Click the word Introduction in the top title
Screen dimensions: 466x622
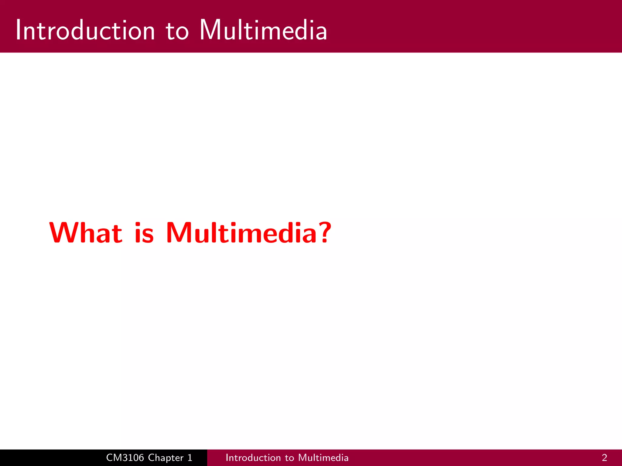tap(85, 30)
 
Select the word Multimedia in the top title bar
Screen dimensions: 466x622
tap(263, 30)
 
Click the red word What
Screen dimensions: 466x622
tap(86, 233)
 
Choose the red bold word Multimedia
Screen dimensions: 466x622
tap(241, 233)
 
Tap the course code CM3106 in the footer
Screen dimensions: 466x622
tap(125, 458)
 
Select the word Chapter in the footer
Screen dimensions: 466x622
tap(166, 458)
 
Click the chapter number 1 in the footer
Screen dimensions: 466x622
tap(190, 458)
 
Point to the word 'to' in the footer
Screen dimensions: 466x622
tap(289, 458)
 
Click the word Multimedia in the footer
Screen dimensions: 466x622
tap(323, 458)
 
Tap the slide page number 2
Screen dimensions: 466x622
tap(604, 458)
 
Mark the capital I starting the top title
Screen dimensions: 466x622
tap(18, 30)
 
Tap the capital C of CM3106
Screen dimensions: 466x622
tap(110, 458)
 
